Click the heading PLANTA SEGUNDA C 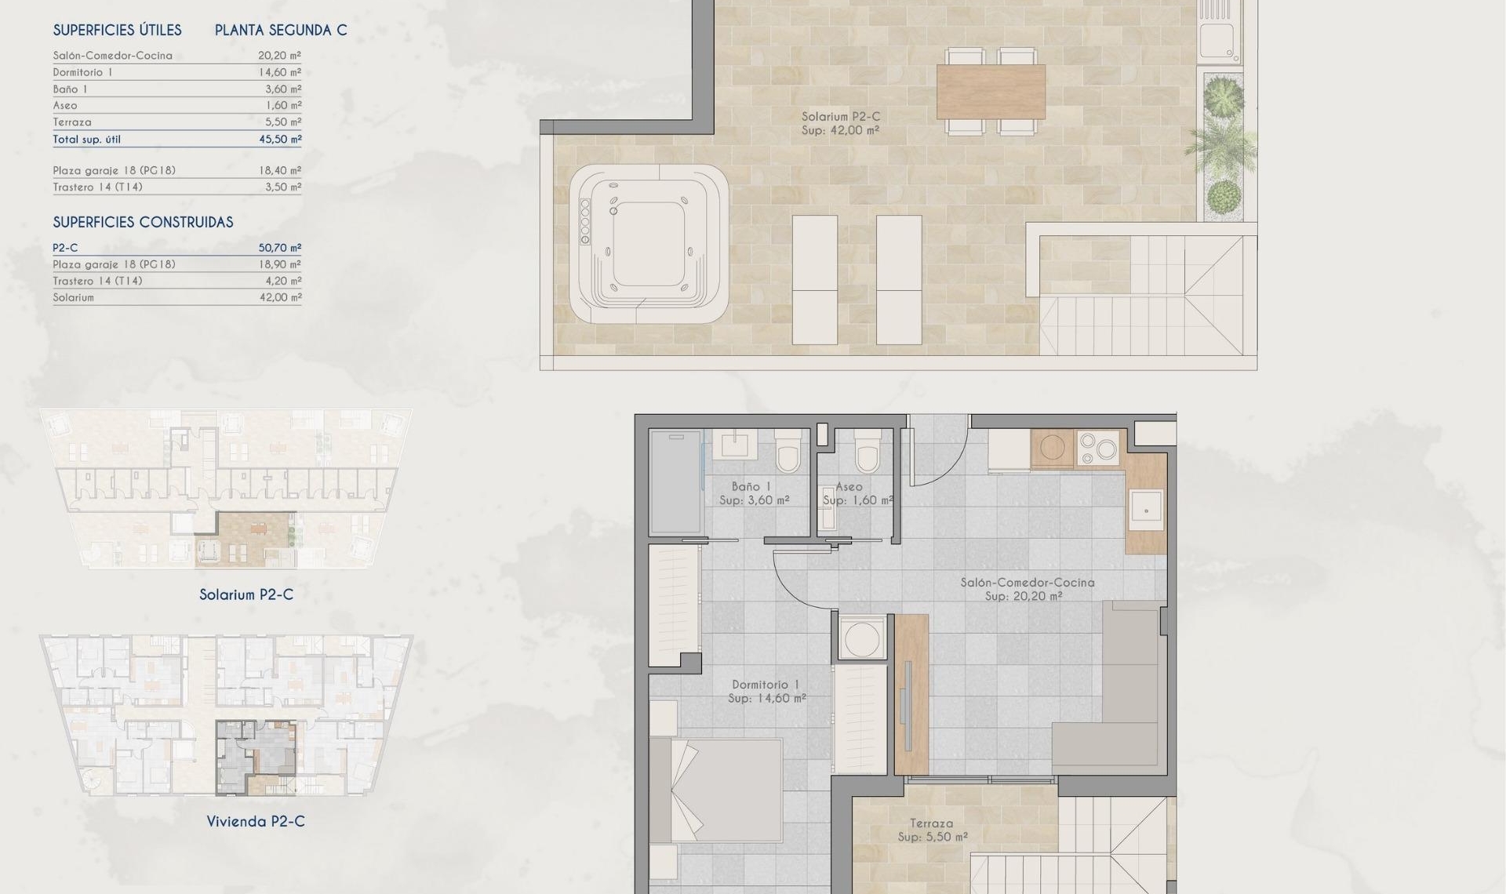281,31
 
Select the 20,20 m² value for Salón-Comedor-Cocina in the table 279,56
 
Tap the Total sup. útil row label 86,140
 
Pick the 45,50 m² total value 279,140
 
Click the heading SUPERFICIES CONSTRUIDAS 143,223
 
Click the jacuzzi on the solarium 649,243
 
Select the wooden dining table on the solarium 991,92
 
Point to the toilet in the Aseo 867,452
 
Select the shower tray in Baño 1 675,481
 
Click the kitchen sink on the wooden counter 1146,509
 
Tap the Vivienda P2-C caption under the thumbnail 256,822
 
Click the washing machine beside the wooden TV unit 862,637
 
